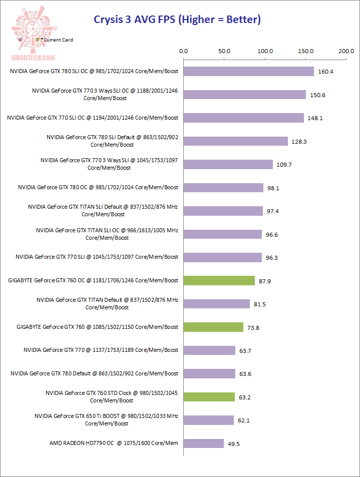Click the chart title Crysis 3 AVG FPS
tap(178, 20)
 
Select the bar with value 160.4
tap(249, 72)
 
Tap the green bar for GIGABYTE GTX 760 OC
tap(219, 280)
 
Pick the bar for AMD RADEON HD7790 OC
tap(204, 443)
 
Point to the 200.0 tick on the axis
tap(346, 51)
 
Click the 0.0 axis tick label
tap(184, 51)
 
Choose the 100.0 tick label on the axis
tap(265, 51)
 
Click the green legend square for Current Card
tap(38, 40)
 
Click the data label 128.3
tap(299, 142)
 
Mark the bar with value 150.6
tap(245, 95)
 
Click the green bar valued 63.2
tap(209, 397)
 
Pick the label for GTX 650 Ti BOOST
tap(107, 419)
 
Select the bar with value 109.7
tap(228, 164)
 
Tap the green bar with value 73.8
tap(214, 327)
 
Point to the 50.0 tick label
tap(224, 51)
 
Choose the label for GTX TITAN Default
tap(108, 303)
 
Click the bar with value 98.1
tap(224, 188)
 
